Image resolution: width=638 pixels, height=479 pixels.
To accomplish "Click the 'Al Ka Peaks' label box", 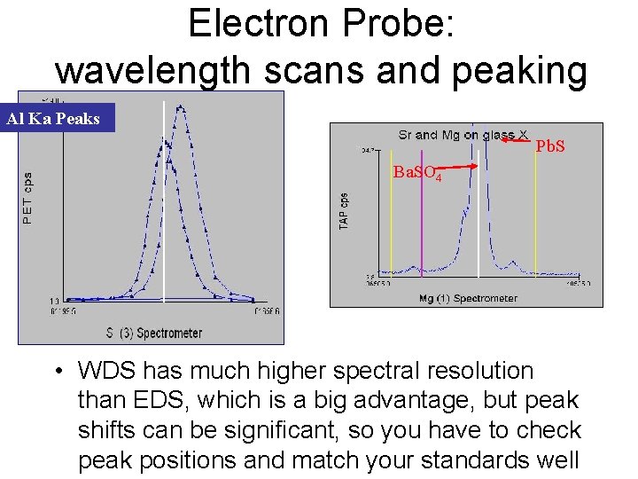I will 58,118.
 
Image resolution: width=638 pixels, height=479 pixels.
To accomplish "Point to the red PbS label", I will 549,145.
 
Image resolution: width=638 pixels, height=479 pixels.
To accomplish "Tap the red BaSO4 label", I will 416,173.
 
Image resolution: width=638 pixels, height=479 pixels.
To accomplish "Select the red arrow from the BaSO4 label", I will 461,166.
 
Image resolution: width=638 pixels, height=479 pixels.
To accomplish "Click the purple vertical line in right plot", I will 422,231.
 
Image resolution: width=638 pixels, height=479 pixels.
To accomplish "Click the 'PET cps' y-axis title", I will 27,197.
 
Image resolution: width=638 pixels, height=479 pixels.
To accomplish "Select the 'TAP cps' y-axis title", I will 344,213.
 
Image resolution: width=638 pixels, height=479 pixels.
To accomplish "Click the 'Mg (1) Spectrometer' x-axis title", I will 468,299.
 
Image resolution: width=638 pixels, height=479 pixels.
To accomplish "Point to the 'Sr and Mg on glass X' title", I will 463,135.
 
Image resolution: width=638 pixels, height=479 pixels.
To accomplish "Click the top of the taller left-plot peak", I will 181,107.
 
